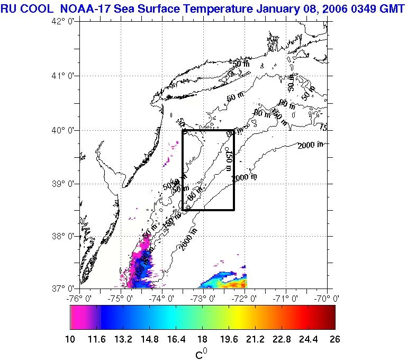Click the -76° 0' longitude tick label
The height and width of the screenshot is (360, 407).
[80, 298]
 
